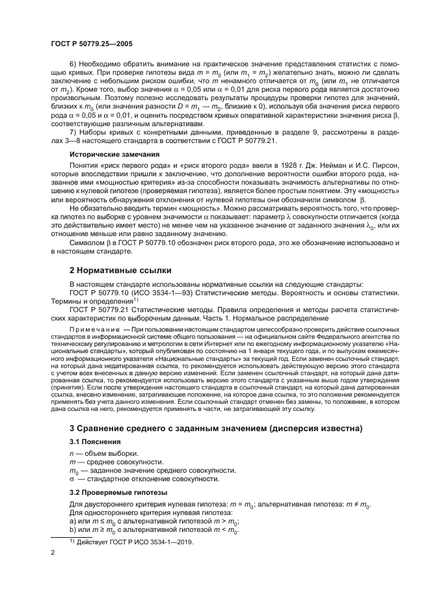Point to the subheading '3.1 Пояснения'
tap(92, 441)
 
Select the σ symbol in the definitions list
tap(72, 479)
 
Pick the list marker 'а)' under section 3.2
tap(73, 522)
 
